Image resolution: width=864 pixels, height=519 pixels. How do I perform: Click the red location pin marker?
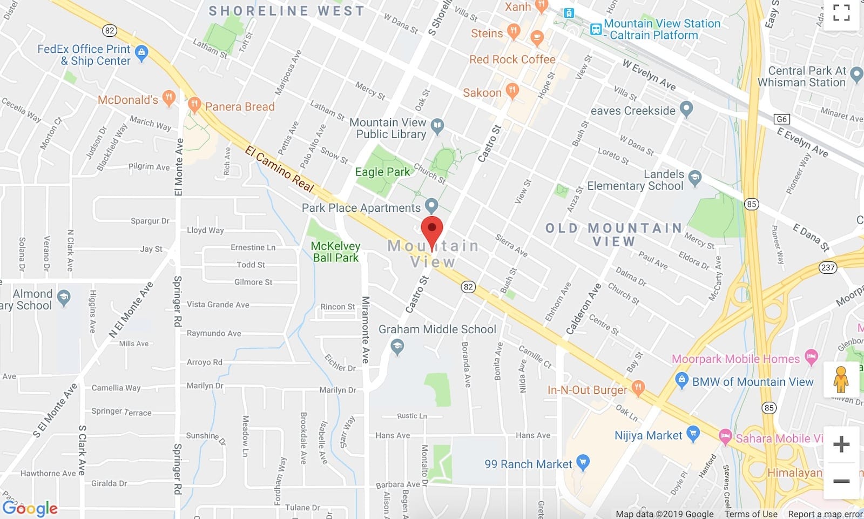click(x=432, y=229)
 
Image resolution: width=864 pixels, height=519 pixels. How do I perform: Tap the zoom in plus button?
click(x=841, y=444)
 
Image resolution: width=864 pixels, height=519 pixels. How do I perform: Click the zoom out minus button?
click(x=841, y=481)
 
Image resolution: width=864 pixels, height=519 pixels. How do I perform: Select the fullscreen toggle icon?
click(x=841, y=12)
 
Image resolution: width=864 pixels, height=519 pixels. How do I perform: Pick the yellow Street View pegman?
click(x=841, y=379)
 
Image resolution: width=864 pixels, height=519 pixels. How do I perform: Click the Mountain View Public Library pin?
click(x=437, y=126)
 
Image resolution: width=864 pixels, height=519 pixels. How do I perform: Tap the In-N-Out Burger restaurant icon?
click(x=638, y=387)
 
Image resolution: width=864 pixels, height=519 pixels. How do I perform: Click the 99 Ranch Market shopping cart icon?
click(x=582, y=462)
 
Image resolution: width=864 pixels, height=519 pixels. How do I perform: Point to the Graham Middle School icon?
click(x=397, y=346)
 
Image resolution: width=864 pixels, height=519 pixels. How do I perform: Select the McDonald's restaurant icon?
click(x=169, y=98)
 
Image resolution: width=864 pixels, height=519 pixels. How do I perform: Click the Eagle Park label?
click(x=382, y=172)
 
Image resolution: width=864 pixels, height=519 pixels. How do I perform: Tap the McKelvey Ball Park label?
click(x=335, y=252)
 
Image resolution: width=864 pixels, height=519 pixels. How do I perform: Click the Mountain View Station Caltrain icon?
click(x=596, y=29)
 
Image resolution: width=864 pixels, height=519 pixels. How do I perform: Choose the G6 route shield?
click(x=781, y=119)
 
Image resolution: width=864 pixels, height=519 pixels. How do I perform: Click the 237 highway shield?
click(x=827, y=267)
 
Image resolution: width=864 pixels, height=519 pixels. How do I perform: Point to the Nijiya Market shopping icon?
click(x=693, y=433)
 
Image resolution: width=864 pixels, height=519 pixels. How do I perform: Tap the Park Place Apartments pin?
click(x=431, y=205)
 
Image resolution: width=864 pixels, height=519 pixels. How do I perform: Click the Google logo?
click(x=30, y=508)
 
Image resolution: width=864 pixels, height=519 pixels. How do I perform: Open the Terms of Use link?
click(x=751, y=514)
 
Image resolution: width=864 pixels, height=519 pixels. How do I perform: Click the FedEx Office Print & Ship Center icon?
click(x=141, y=52)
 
